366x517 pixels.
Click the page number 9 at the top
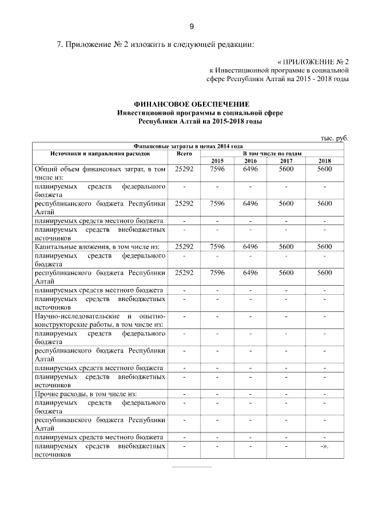point(192,26)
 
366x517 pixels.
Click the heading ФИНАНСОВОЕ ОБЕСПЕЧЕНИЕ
point(192,105)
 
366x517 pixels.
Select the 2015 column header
point(217,161)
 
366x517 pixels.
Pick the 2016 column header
point(250,161)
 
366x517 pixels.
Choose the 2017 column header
point(286,161)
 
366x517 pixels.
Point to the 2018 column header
point(324,161)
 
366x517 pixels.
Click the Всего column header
point(184,154)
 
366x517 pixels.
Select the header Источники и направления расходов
point(100,154)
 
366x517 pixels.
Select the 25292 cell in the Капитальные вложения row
point(184,246)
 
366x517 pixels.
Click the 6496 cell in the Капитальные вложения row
point(250,246)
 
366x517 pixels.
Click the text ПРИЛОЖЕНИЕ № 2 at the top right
point(316,61)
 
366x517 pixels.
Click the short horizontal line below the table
point(192,467)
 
